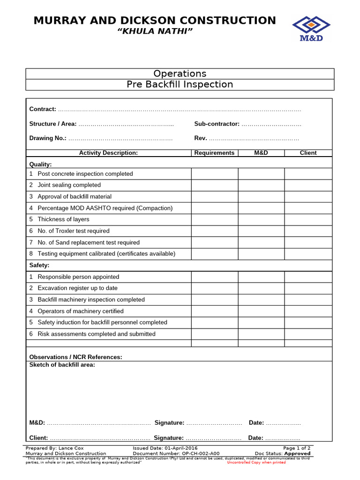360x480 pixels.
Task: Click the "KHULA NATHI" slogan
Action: tap(155, 31)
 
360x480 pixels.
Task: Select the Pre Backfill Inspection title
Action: tap(180, 84)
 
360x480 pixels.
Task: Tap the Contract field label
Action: tap(43, 109)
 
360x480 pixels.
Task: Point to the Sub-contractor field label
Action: tap(217, 124)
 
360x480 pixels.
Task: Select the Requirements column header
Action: tap(214, 153)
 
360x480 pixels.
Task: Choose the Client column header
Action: tap(308, 153)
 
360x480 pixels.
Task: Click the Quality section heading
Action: tap(41, 165)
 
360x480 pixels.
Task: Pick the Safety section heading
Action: tap(39, 265)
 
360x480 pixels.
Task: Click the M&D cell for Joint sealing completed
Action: tap(261, 185)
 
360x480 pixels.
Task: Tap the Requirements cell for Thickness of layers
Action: tap(214, 219)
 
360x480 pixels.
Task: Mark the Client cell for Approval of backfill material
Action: tap(308, 197)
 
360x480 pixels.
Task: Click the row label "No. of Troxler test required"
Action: tap(74, 231)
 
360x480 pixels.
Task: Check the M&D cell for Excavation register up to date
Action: tap(261, 288)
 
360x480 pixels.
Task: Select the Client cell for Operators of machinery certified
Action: tap(308, 311)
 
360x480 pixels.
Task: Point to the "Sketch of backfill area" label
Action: tap(62, 365)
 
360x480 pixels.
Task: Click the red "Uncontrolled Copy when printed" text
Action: tap(256, 463)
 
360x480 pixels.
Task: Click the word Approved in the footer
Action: tap(297, 454)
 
